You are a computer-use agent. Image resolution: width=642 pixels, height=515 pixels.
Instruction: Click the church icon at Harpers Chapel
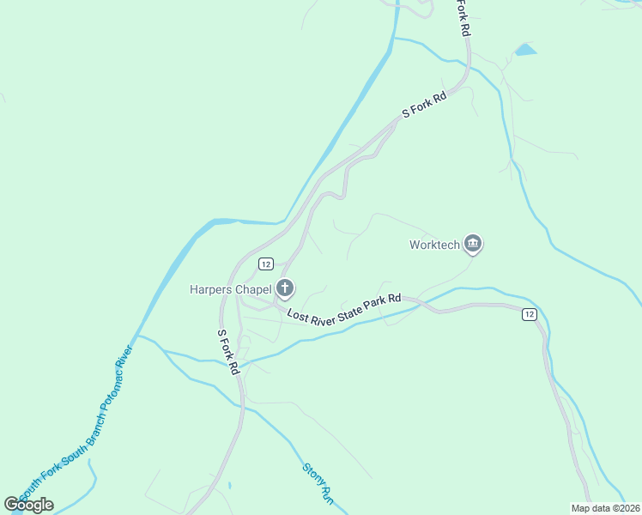[285, 288]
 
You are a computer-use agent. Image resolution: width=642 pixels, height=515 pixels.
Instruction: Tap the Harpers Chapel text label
[230, 289]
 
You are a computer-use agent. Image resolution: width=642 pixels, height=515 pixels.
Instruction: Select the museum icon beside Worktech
[472, 245]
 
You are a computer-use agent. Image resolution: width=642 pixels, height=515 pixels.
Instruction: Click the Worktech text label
[433, 245]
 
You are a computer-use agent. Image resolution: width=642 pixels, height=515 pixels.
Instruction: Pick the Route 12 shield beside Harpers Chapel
[266, 264]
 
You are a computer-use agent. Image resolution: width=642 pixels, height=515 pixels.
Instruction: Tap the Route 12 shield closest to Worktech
[529, 315]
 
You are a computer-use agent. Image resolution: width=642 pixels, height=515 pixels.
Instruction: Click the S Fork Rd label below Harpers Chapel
[227, 352]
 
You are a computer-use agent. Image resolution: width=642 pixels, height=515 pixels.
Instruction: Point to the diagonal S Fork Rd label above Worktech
[425, 106]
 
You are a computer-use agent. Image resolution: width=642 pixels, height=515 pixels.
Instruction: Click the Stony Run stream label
[316, 483]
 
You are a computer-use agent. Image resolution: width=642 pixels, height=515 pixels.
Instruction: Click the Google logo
[28, 504]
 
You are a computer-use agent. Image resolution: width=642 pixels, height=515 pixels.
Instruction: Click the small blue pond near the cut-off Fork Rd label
[525, 50]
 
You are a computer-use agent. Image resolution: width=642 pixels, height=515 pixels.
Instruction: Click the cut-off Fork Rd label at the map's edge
[463, 17]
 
